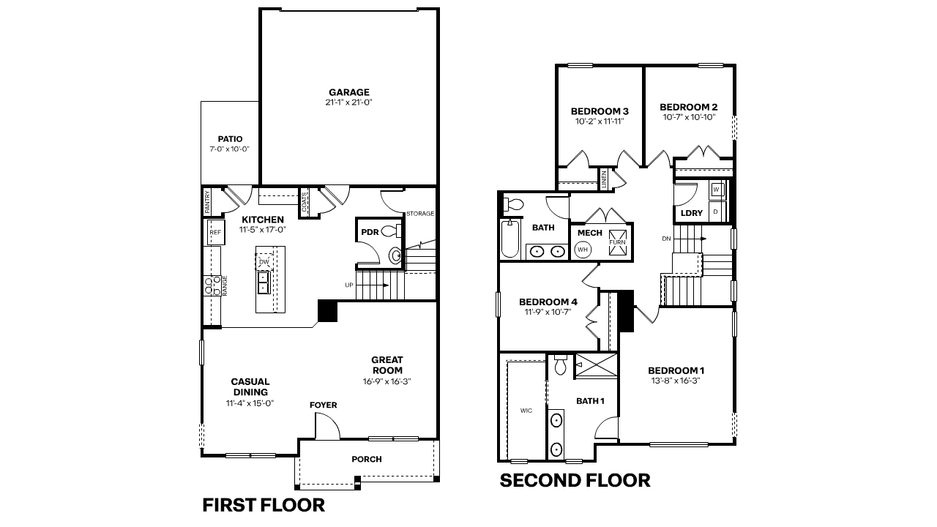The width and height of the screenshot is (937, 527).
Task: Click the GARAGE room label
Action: (x=348, y=92)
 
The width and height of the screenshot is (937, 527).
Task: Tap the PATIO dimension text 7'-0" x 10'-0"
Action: (x=229, y=149)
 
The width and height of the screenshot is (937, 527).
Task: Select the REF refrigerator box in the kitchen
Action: (x=215, y=232)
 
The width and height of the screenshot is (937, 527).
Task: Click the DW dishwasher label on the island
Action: (x=264, y=261)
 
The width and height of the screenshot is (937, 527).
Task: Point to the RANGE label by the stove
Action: (x=225, y=284)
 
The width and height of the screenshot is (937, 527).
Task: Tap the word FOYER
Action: (x=323, y=405)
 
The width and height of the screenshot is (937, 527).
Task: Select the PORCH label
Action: (x=367, y=460)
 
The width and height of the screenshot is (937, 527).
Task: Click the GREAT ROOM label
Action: (x=387, y=365)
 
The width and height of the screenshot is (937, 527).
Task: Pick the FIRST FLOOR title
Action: (x=263, y=505)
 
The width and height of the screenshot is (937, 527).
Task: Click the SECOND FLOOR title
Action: (x=575, y=481)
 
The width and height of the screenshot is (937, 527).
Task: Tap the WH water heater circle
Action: (x=583, y=250)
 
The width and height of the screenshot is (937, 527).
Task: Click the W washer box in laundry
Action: (x=716, y=190)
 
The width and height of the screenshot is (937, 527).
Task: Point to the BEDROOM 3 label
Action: (x=600, y=111)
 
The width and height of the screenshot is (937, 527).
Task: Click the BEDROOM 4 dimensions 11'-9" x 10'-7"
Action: (x=548, y=312)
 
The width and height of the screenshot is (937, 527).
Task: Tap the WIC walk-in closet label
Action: (x=526, y=411)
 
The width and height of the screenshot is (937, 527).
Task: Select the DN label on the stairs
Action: (x=666, y=239)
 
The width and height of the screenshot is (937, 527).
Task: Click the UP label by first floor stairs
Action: (x=349, y=285)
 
